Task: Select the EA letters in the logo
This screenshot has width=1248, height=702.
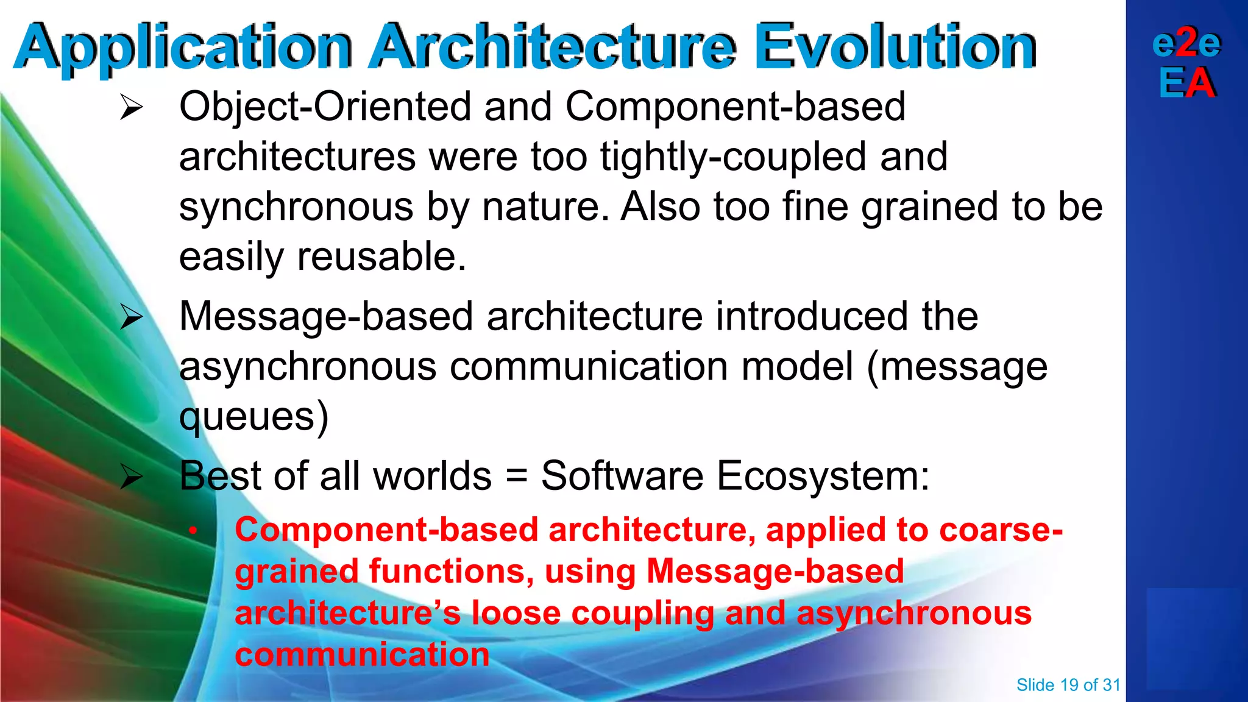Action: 1187,83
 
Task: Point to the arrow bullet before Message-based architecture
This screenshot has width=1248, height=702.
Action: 131,317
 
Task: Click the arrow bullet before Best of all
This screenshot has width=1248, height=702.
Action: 131,477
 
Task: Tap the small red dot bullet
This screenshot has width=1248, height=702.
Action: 193,531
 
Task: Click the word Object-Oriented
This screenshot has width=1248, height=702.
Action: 325,107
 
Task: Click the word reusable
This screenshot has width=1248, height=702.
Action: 381,257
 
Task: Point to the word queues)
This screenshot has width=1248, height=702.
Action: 253,417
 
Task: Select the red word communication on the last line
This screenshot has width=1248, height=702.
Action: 362,654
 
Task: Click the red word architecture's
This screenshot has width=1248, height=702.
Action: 348,613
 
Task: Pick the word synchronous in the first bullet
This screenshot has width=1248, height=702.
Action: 296,207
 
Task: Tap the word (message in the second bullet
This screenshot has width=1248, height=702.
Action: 957,367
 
